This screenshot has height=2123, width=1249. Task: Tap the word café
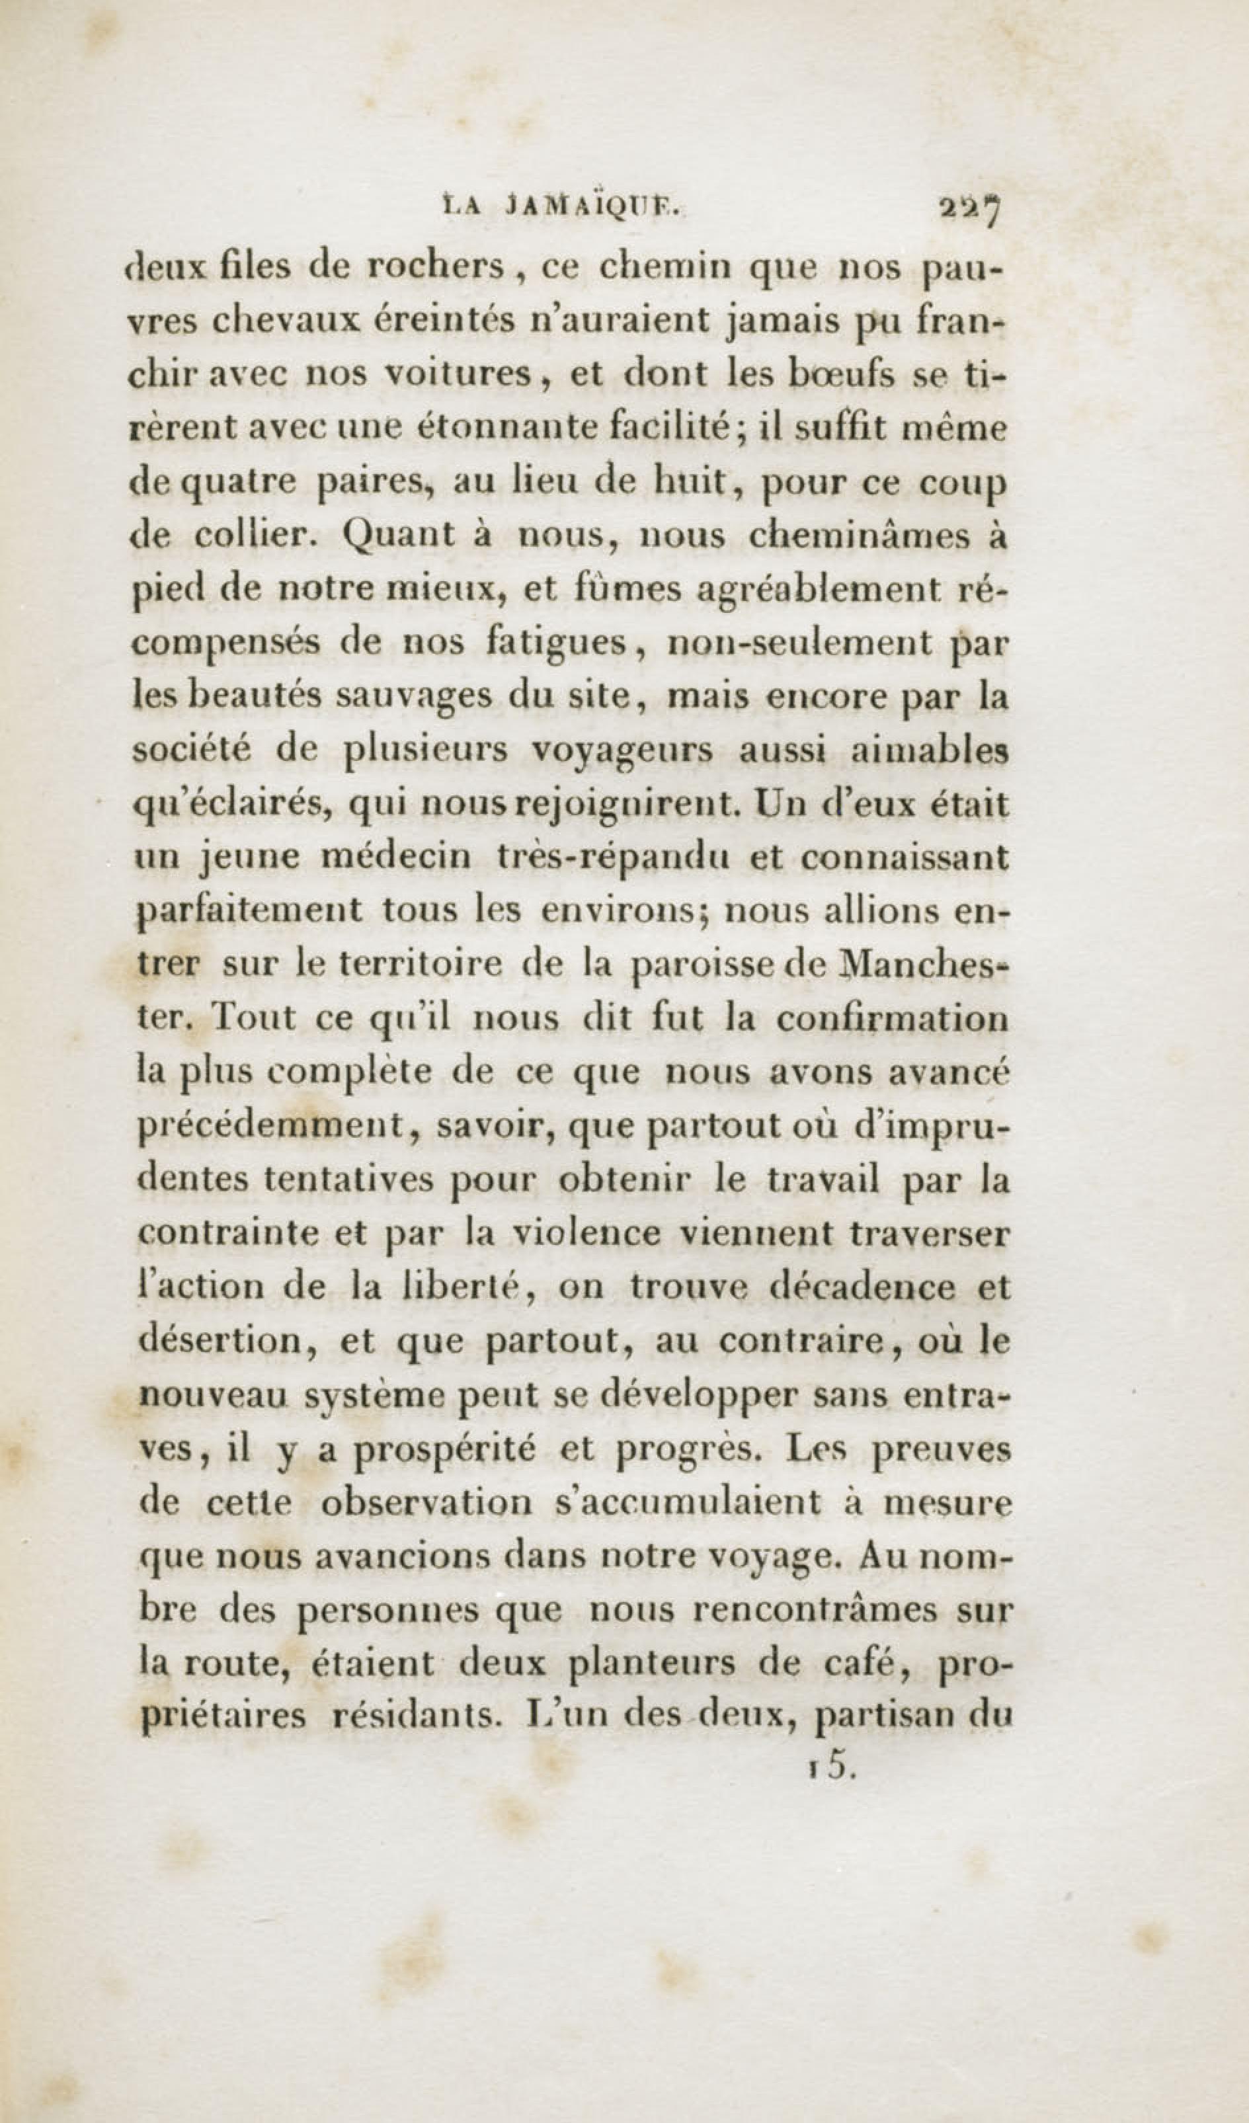pyautogui.click(x=871, y=1665)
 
